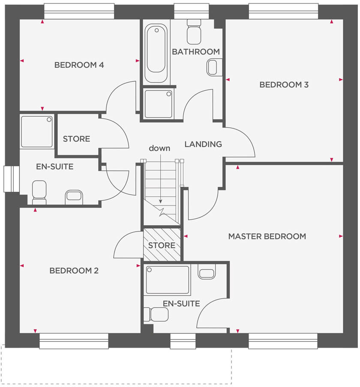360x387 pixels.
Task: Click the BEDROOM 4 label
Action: [x=79, y=65]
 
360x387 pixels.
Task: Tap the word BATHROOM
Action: [x=196, y=52]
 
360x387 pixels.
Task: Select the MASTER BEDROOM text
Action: [x=267, y=236]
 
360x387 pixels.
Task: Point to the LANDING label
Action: [x=203, y=144]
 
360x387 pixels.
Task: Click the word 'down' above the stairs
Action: [x=159, y=149]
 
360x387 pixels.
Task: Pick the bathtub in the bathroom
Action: [x=156, y=54]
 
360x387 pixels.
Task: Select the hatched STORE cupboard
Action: [x=162, y=245]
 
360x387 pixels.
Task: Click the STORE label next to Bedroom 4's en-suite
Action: [x=76, y=139]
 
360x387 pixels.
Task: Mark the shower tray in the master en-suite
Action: [x=167, y=280]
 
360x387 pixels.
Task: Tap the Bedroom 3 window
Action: [x=283, y=12]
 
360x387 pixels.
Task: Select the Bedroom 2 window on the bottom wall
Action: [x=74, y=341]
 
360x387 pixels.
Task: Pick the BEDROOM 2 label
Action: [x=74, y=271]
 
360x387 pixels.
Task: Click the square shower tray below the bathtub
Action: [x=158, y=104]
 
